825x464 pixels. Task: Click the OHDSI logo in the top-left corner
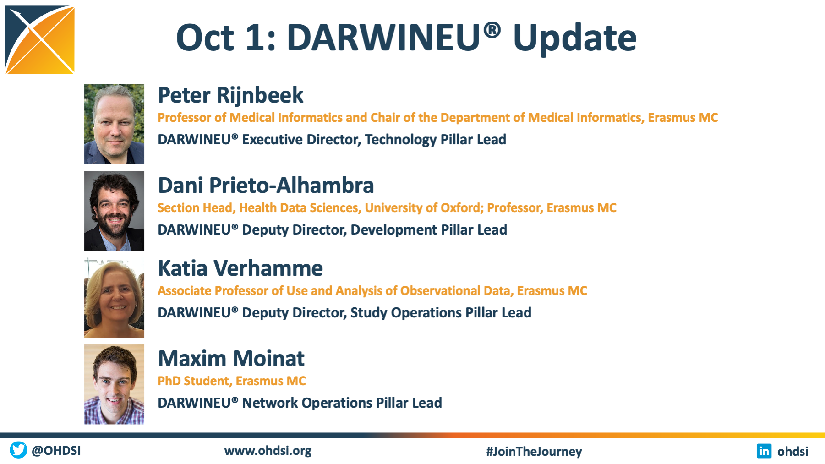pyautogui.click(x=40, y=40)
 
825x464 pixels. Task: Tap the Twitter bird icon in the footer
pyautogui.click(x=18, y=450)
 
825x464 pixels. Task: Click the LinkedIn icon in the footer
pyautogui.click(x=764, y=451)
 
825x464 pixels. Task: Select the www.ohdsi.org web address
pyautogui.click(x=268, y=451)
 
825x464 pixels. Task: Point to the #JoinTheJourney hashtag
pyautogui.click(x=534, y=451)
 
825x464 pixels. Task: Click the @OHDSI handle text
pyautogui.click(x=56, y=450)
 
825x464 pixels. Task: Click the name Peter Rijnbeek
pyautogui.click(x=230, y=95)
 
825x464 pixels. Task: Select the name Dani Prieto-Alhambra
pyautogui.click(x=266, y=185)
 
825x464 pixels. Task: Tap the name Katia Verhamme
pyautogui.click(x=240, y=268)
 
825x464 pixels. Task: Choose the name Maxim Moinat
pyautogui.click(x=231, y=358)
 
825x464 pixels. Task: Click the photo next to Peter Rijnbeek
pyautogui.click(x=114, y=124)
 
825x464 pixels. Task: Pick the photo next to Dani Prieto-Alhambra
pyautogui.click(x=114, y=211)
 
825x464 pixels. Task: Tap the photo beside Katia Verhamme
pyautogui.click(x=114, y=298)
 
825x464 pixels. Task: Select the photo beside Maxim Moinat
pyautogui.click(x=114, y=384)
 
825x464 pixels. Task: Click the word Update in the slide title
pyautogui.click(x=575, y=38)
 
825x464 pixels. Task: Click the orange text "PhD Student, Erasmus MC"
pyautogui.click(x=232, y=381)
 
